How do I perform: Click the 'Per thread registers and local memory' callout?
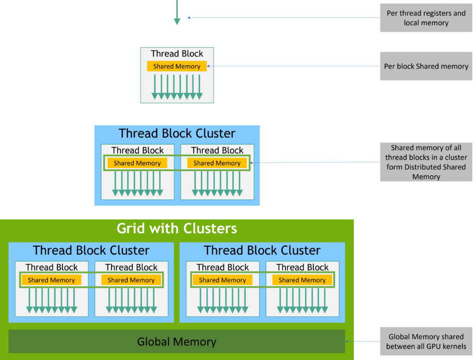(x=426, y=18)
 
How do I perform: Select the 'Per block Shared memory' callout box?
(x=426, y=66)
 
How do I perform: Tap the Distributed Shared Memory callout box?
(x=426, y=162)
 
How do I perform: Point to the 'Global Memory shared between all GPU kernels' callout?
(x=426, y=341)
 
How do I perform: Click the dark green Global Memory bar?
(x=176, y=342)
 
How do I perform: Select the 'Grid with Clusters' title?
(x=176, y=228)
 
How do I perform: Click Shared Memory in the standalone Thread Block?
(x=177, y=66)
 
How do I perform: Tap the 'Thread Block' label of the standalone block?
(x=177, y=54)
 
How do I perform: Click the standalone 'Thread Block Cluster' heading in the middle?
(x=177, y=133)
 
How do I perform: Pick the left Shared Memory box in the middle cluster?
(x=137, y=163)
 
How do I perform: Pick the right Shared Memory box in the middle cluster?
(x=217, y=163)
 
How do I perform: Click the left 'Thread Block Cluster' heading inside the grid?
(x=91, y=250)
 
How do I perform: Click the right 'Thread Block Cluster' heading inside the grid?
(x=262, y=250)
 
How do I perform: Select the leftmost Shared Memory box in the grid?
(x=51, y=280)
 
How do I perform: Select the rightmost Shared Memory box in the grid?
(x=302, y=280)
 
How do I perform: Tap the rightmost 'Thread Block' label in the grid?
(x=302, y=267)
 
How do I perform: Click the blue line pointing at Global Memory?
(x=363, y=342)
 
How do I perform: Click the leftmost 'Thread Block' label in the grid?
(x=52, y=267)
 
